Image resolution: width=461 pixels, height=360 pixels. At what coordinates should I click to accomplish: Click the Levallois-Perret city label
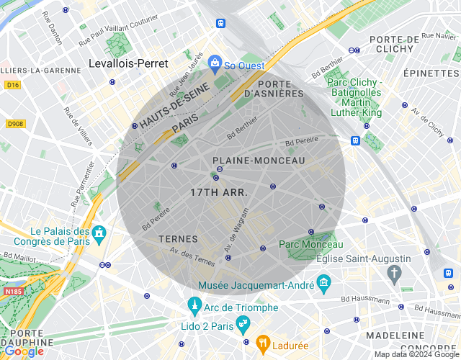[x=127, y=63]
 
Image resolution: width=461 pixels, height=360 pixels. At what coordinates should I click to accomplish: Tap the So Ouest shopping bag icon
[x=214, y=63]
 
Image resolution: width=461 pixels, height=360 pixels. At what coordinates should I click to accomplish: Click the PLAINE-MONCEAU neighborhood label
[x=259, y=161]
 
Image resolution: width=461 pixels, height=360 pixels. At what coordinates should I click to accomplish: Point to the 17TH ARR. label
[x=219, y=193]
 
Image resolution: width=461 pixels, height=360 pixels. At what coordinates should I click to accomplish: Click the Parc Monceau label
[x=311, y=245]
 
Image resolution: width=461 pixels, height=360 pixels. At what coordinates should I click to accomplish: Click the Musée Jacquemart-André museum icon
[x=323, y=281]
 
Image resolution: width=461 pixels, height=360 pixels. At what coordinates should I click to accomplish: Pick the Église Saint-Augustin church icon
[x=393, y=272]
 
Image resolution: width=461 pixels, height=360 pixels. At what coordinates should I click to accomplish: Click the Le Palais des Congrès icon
[x=99, y=233]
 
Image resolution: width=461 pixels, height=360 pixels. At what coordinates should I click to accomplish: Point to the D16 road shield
[x=12, y=84]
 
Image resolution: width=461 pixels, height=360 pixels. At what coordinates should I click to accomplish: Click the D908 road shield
[x=15, y=124]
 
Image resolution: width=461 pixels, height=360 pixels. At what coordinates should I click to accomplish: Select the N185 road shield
[x=13, y=292]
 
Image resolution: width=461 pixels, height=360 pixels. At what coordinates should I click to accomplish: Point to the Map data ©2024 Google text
[x=416, y=354]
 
